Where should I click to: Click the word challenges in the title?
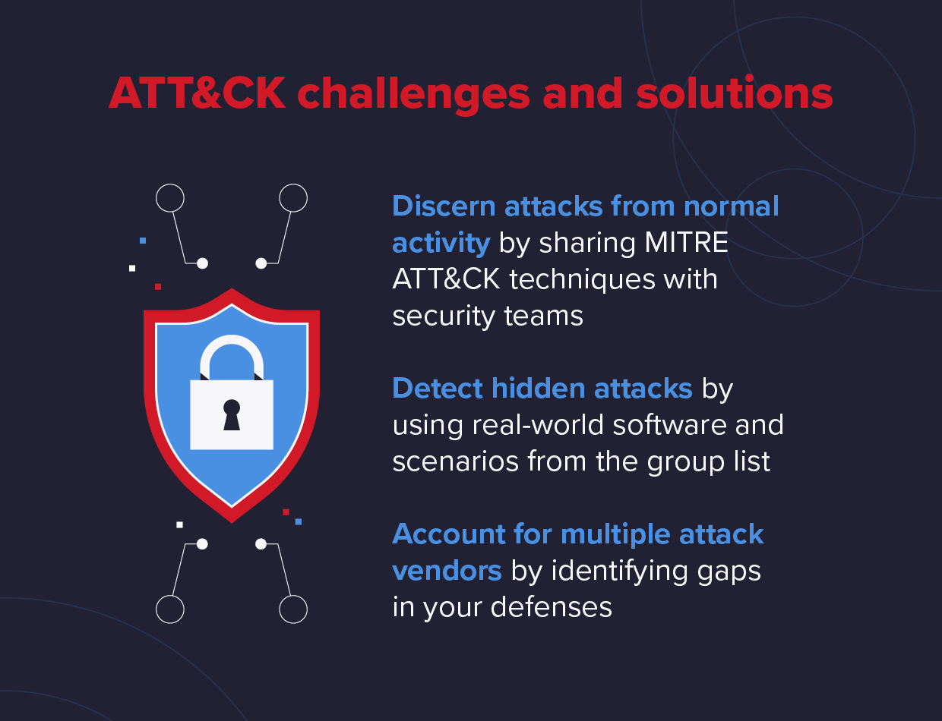pos(413,94)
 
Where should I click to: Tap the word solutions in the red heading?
pos(735,93)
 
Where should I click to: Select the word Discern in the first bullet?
pos(444,206)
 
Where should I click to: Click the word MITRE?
pos(686,243)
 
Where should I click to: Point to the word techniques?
pos(582,279)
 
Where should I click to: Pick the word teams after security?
pos(543,316)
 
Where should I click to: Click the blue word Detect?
pos(437,388)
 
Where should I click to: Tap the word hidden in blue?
pos(538,388)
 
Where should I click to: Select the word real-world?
pos(538,425)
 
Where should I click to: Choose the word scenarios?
pos(456,461)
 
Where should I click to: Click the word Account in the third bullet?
pos(449,534)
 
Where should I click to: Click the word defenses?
pos(551,607)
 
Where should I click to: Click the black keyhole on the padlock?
pos(232,415)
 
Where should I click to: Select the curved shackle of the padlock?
pos(232,348)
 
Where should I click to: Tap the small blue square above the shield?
pos(143,241)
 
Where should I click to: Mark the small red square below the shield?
pos(286,512)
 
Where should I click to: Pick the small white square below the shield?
pos(179,525)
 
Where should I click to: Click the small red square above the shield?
pos(158,287)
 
